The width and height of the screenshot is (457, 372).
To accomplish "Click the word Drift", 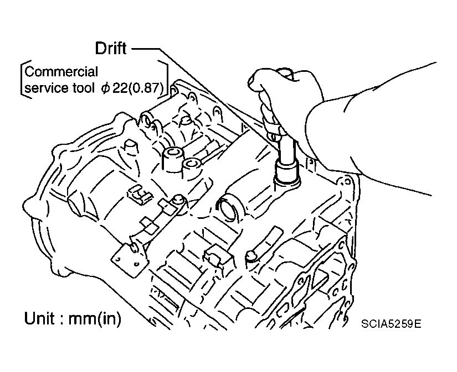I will pos(111,49).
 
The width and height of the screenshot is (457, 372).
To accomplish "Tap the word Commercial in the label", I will pos(61,72).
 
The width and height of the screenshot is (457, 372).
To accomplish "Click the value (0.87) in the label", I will pos(145,87).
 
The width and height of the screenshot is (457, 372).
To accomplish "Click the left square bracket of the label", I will pos(22,80).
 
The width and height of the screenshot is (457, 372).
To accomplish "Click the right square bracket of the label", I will pos(165,80).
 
